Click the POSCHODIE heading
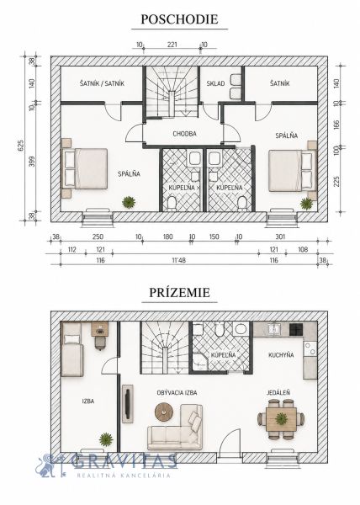179,19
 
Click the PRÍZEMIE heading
179,292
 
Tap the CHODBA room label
184,134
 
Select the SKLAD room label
215,83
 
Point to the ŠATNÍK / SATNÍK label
102,83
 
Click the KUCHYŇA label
281,355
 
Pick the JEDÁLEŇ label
278,392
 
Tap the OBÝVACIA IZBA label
177,393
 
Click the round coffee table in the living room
164,412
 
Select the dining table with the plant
281,419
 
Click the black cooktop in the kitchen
296,329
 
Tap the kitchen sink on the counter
274,329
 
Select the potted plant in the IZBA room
106,439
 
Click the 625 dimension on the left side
21,146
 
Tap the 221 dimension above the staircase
172,45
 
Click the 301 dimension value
281,237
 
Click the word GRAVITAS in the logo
124,461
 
